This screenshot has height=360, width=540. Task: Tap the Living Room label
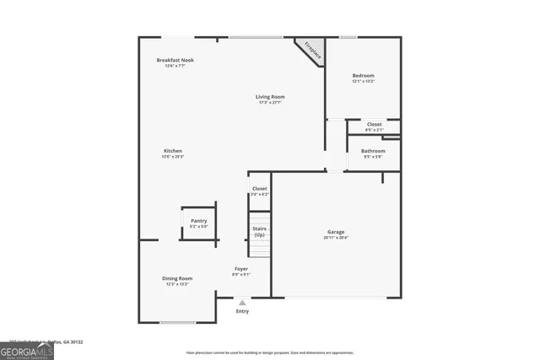pos(269,97)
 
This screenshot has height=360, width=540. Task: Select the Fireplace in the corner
pos(311,51)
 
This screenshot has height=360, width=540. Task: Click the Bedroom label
pos(363,76)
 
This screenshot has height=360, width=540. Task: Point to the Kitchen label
pos(173,151)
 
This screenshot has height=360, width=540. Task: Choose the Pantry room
pos(198,222)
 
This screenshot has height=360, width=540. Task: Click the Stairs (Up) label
pos(259,231)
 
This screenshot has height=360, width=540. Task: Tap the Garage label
pos(336,232)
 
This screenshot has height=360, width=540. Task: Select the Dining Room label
pos(177,278)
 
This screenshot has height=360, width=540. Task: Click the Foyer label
pos(241,269)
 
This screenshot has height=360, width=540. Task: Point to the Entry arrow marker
pos(242,302)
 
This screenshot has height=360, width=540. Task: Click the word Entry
pos(242,312)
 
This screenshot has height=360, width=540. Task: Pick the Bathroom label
pos(373,151)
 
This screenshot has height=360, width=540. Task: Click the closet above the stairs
pos(259,191)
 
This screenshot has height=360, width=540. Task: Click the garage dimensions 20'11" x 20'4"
pos(336,238)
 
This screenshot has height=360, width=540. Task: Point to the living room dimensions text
pos(269,103)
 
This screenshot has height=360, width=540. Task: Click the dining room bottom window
pos(177,322)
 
